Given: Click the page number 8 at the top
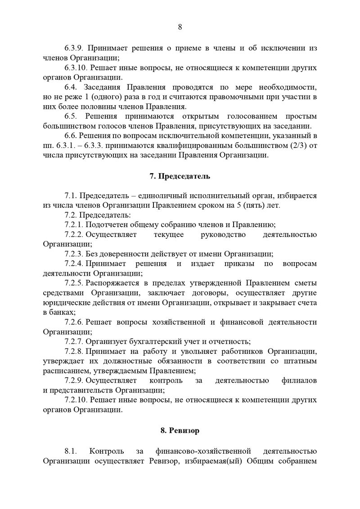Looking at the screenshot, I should [180, 27].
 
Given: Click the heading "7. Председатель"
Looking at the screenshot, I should [180, 176].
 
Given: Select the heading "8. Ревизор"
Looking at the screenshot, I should [180, 431].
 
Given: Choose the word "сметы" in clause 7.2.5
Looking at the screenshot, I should [307, 283].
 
